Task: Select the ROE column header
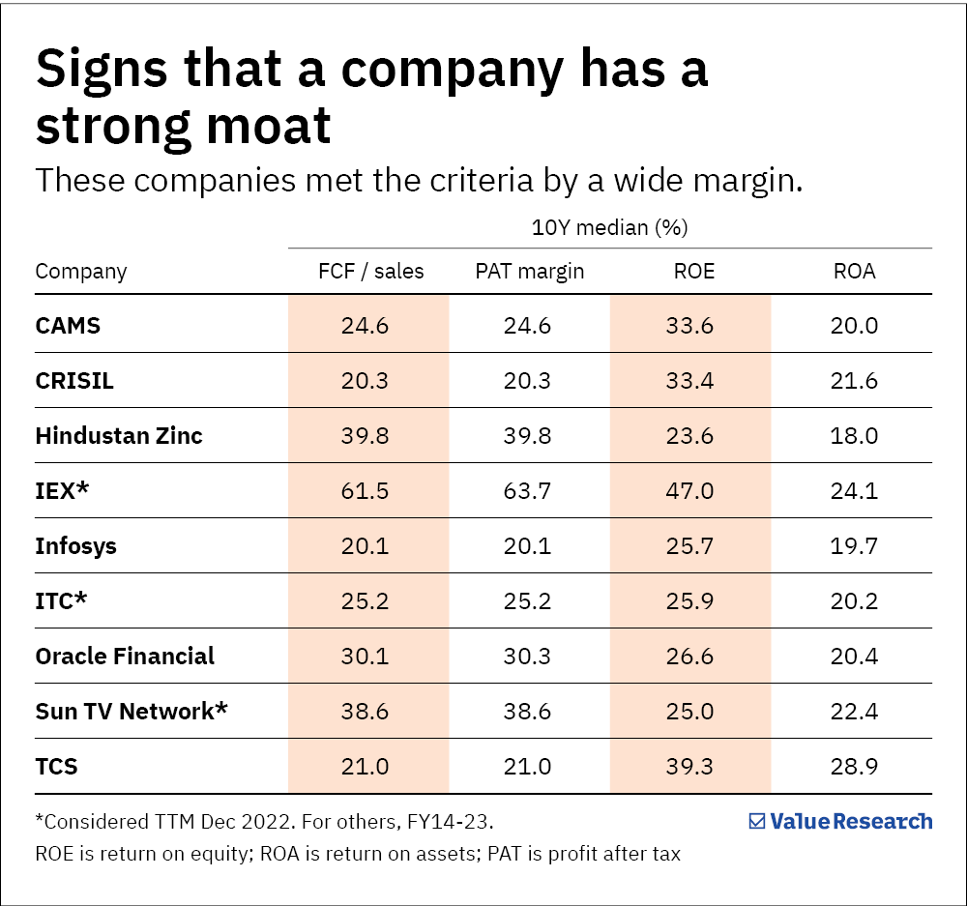[x=693, y=271]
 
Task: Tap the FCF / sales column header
[x=371, y=271]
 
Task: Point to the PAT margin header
[x=529, y=271]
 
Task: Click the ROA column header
[x=854, y=271]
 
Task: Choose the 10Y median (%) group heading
[x=609, y=228]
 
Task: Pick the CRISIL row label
[x=74, y=381]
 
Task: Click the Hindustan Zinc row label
[x=119, y=436]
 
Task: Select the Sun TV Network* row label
[x=132, y=712]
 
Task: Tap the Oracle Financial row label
[x=125, y=657]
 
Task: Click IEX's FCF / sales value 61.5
[x=365, y=491]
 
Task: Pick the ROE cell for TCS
[x=690, y=767]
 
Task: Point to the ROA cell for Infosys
[x=854, y=546]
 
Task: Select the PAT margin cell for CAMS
[x=527, y=326]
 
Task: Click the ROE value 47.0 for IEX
[x=690, y=491]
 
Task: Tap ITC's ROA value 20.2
[x=854, y=601]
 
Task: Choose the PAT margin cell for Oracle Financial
[x=527, y=657]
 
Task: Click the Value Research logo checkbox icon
[x=757, y=821]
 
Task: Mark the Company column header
[x=81, y=271]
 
